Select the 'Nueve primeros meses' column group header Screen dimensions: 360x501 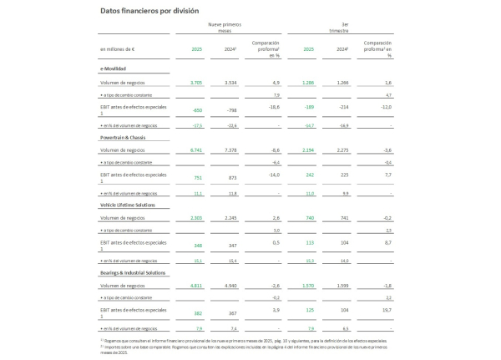point(225,30)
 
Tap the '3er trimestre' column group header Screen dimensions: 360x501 point(338,30)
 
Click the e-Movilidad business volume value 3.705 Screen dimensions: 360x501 point(196,84)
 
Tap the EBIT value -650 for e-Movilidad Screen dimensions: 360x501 point(198,109)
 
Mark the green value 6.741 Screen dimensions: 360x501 point(196,150)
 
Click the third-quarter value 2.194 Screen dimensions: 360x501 point(308,150)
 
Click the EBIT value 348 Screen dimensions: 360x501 point(198,246)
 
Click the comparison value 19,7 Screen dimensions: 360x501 point(387,312)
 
